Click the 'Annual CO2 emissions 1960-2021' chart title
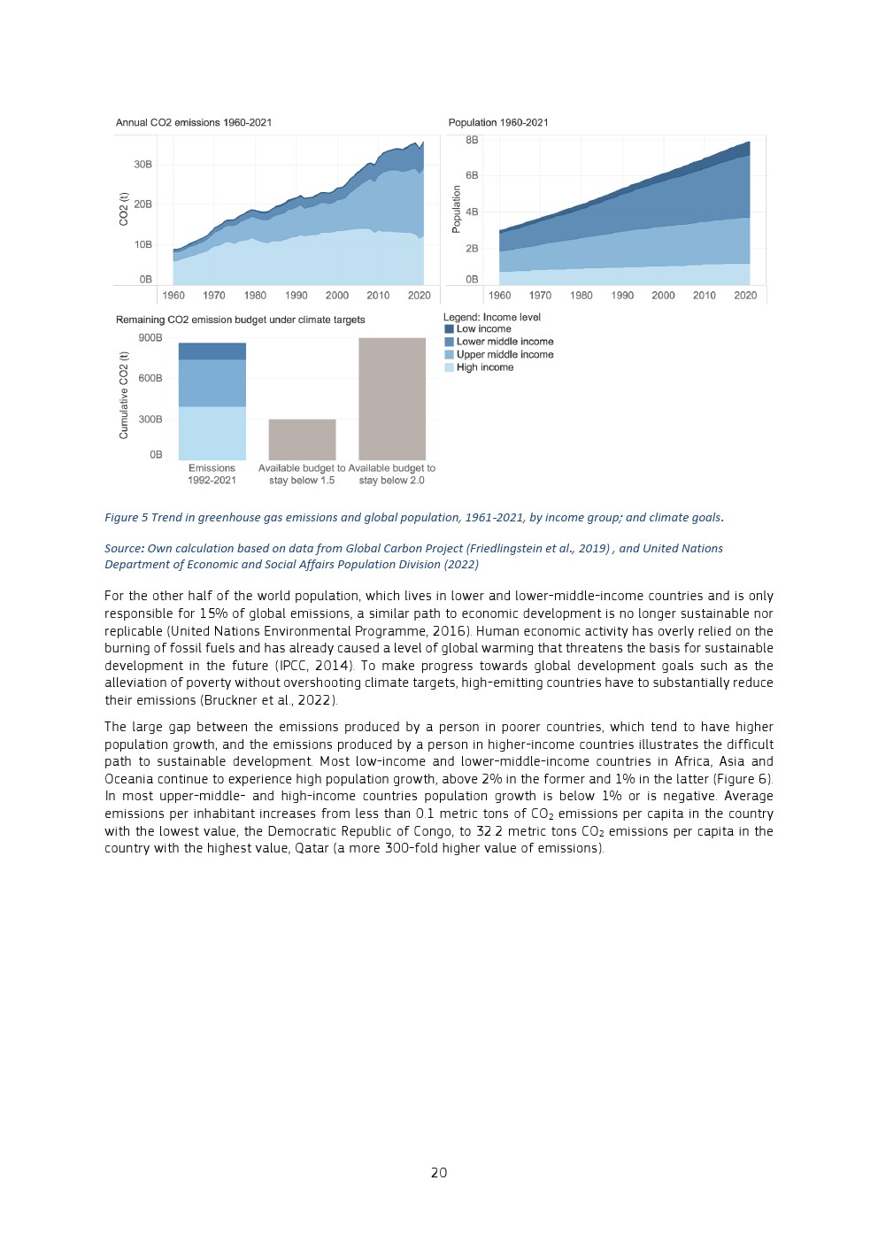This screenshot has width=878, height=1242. point(193,122)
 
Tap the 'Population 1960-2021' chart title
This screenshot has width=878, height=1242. point(497,122)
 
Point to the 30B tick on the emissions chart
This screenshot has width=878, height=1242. point(142,165)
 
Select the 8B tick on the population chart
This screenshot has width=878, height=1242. point(472,140)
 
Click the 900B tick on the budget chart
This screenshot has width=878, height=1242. point(150,337)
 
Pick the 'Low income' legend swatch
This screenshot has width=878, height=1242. point(450,329)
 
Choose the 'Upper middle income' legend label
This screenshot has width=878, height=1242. point(504,354)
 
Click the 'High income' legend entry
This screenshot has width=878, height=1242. point(484,367)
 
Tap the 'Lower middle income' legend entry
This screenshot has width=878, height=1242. point(504,342)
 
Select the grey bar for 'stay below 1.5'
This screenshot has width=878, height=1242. point(302,439)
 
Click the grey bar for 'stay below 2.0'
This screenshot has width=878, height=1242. point(392,398)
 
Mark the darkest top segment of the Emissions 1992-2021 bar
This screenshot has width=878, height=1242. point(212,351)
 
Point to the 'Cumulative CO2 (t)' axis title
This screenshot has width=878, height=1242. point(124,395)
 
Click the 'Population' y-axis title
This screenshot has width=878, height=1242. point(457,209)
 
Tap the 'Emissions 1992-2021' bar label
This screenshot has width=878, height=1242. point(212,474)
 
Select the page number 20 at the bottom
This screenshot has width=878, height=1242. point(439,1172)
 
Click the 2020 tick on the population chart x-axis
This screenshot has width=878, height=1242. point(745,296)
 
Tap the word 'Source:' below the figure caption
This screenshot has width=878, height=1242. point(125,549)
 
